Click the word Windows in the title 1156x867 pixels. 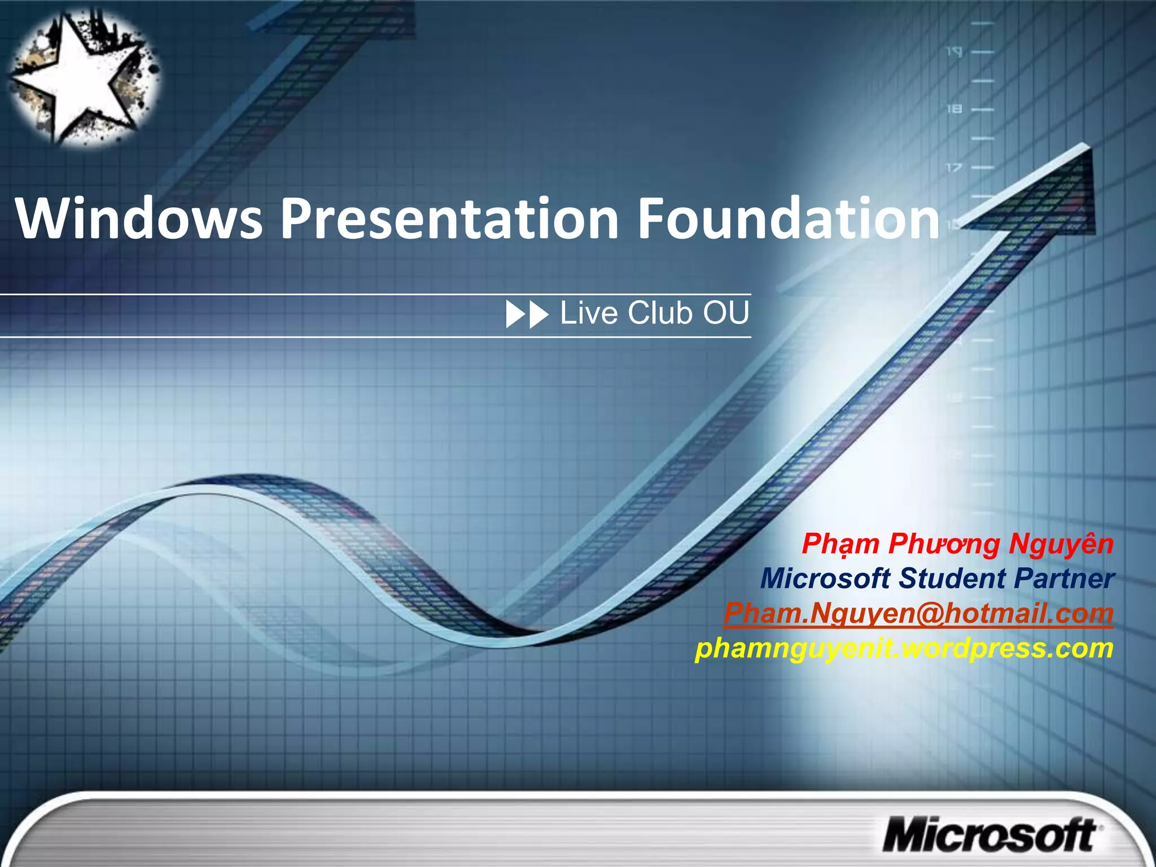tap(139, 219)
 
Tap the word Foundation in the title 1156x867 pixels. tap(788, 219)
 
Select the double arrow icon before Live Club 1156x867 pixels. tap(527, 314)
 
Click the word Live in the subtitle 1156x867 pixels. tap(589, 313)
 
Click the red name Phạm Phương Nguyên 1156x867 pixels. tap(957, 544)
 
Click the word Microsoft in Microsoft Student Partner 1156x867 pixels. tap(825, 579)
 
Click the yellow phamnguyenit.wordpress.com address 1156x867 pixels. tap(904, 649)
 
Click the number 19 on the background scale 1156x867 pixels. tap(954, 52)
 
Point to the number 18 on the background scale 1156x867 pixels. tap(954, 108)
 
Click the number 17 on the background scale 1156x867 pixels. tap(953, 168)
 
